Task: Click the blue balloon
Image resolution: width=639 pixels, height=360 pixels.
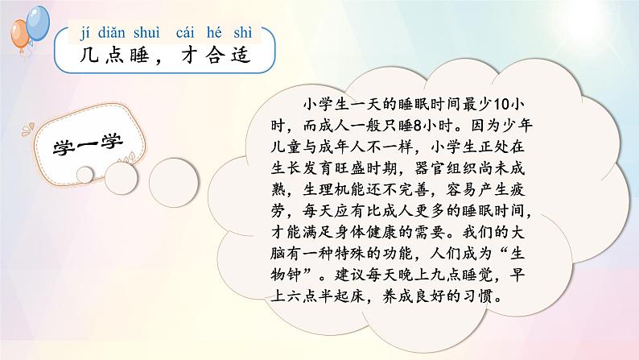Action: (38, 23)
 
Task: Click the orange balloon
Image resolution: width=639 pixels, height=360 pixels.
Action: (19, 35)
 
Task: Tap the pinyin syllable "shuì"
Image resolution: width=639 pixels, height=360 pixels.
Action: (146, 32)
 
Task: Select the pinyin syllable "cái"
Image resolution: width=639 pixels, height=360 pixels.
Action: (185, 32)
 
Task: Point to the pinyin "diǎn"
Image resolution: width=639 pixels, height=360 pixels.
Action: (111, 32)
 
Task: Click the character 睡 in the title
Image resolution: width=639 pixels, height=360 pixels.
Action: (140, 55)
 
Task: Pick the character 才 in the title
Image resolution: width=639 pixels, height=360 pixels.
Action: (190, 55)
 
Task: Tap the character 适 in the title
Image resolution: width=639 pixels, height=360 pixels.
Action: (241, 55)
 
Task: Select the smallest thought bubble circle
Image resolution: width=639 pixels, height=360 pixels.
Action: (85, 175)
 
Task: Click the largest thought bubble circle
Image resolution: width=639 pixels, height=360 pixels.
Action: (174, 182)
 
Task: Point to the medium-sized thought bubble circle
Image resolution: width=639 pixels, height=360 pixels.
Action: (121, 178)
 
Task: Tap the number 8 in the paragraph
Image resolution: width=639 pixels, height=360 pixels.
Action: (417, 126)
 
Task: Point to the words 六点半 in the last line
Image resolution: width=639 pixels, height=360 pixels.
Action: (310, 296)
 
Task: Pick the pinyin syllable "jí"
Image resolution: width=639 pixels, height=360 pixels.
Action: (85, 32)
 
